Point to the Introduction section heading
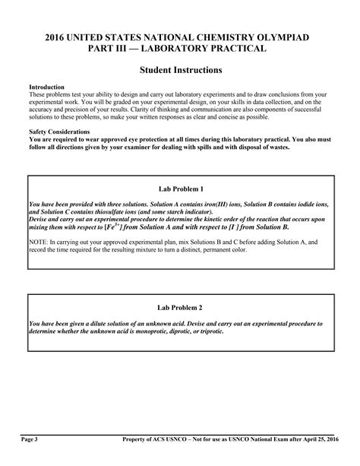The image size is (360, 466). (x=46, y=87)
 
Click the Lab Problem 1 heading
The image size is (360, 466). (x=180, y=189)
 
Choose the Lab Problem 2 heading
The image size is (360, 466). (x=180, y=308)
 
